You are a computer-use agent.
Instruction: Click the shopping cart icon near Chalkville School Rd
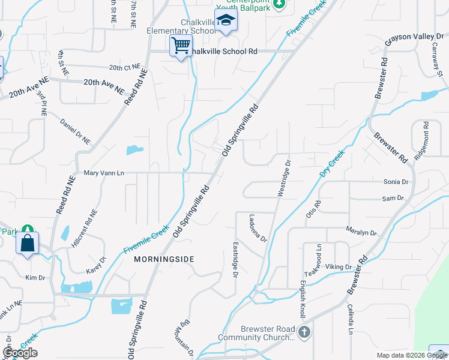(x=181, y=46)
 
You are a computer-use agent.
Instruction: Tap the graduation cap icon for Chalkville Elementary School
(x=226, y=21)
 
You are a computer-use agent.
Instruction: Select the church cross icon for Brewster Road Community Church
(x=305, y=332)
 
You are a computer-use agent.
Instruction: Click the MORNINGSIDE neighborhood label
(x=164, y=259)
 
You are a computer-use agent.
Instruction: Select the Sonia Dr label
(x=396, y=181)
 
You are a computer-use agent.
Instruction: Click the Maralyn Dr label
(x=361, y=232)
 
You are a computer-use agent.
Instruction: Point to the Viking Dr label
(x=339, y=266)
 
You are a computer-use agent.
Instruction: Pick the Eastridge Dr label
(x=235, y=259)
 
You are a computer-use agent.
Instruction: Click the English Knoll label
(x=303, y=299)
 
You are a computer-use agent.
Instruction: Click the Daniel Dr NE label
(x=75, y=131)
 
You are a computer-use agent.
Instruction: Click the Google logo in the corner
(x=20, y=352)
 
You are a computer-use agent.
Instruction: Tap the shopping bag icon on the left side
(x=28, y=243)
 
